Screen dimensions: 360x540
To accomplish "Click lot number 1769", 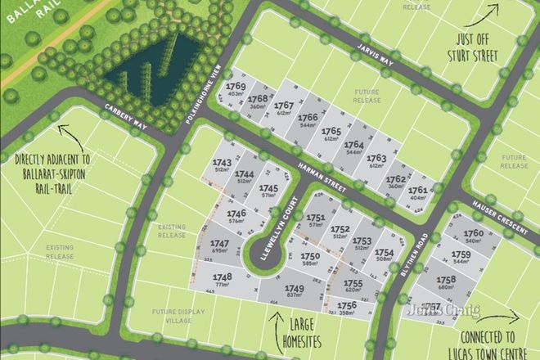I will [236, 90].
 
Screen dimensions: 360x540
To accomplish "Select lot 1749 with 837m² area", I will [294, 292].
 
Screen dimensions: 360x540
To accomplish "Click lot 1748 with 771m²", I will [222, 281].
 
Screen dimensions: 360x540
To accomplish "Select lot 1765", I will [331, 134].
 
